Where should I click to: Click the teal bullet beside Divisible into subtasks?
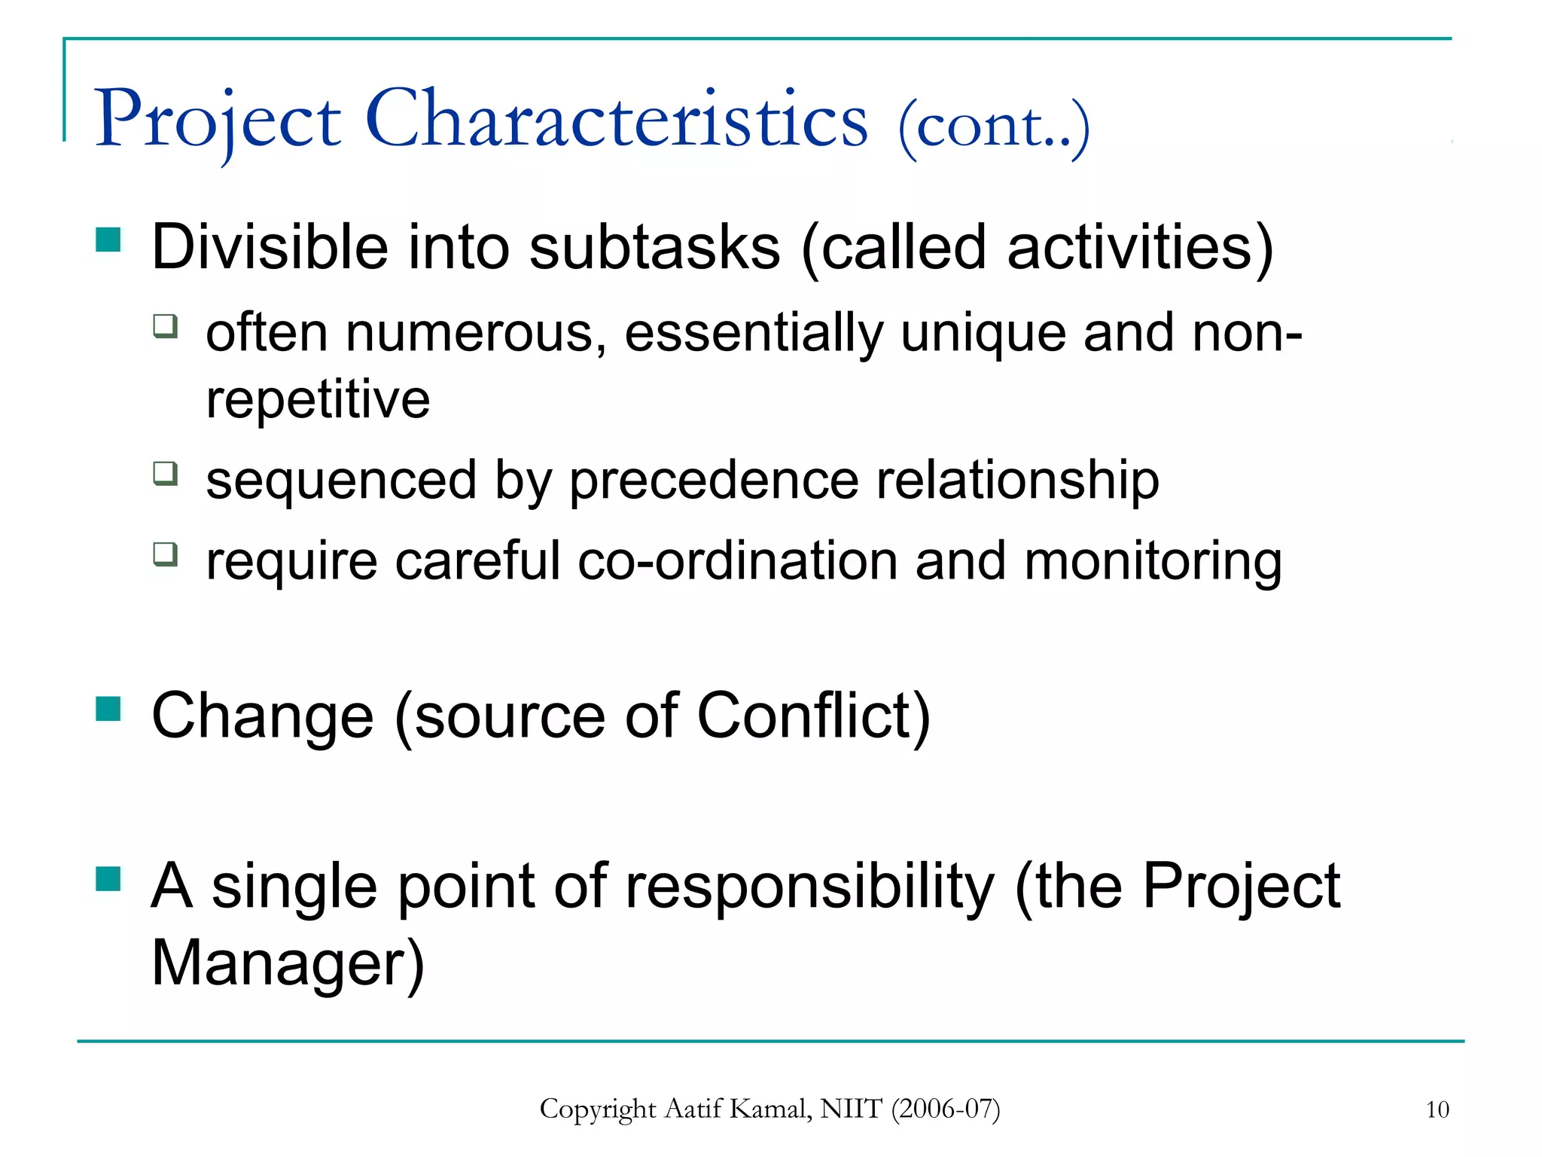pyautogui.click(x=108, y=240)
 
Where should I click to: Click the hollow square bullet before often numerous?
pyautogui.click(x=166, y=326)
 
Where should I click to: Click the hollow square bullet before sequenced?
pyautogui.click(x=166, y=474)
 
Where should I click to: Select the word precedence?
pyautogui.click(x=713, y=480)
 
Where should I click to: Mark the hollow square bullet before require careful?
pyautogui.click(x=166, y=554)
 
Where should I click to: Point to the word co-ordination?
pyautogui.click(x=737, y=561)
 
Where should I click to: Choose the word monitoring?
pyautogui.click(x=1153, y=561)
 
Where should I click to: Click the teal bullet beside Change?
pyautogui.click(x=108, y=709)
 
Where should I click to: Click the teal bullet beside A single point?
pyautogui.click(x=108, y=878)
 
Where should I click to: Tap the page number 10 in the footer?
pyautogui.click(x=1437, y=1110)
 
